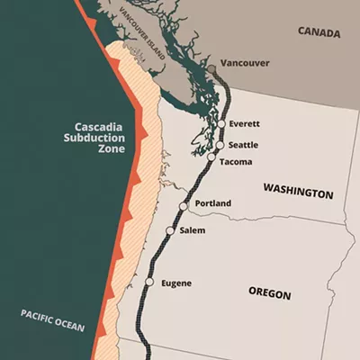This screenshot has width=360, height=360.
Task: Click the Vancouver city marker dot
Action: [x=211, y=67]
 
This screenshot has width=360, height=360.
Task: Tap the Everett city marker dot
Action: [x=221, y=124]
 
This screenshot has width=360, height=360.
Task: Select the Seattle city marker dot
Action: [x=219, y=144]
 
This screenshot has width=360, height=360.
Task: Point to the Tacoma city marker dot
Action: [x=211, y=157]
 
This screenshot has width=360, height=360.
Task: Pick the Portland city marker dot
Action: [x=184, y=206]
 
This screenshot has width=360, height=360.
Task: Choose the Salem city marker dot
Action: [x=169, y=231]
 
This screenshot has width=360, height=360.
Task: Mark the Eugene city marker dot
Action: [x=149, y=283]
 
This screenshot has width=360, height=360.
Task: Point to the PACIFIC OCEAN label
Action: [x=53, y=321]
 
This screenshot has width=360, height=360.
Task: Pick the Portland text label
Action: [x=212, y=203]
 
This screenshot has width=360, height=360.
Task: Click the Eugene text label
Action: [x=176, y=283]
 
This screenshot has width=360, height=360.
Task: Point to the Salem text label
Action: [x=193, y=231]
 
